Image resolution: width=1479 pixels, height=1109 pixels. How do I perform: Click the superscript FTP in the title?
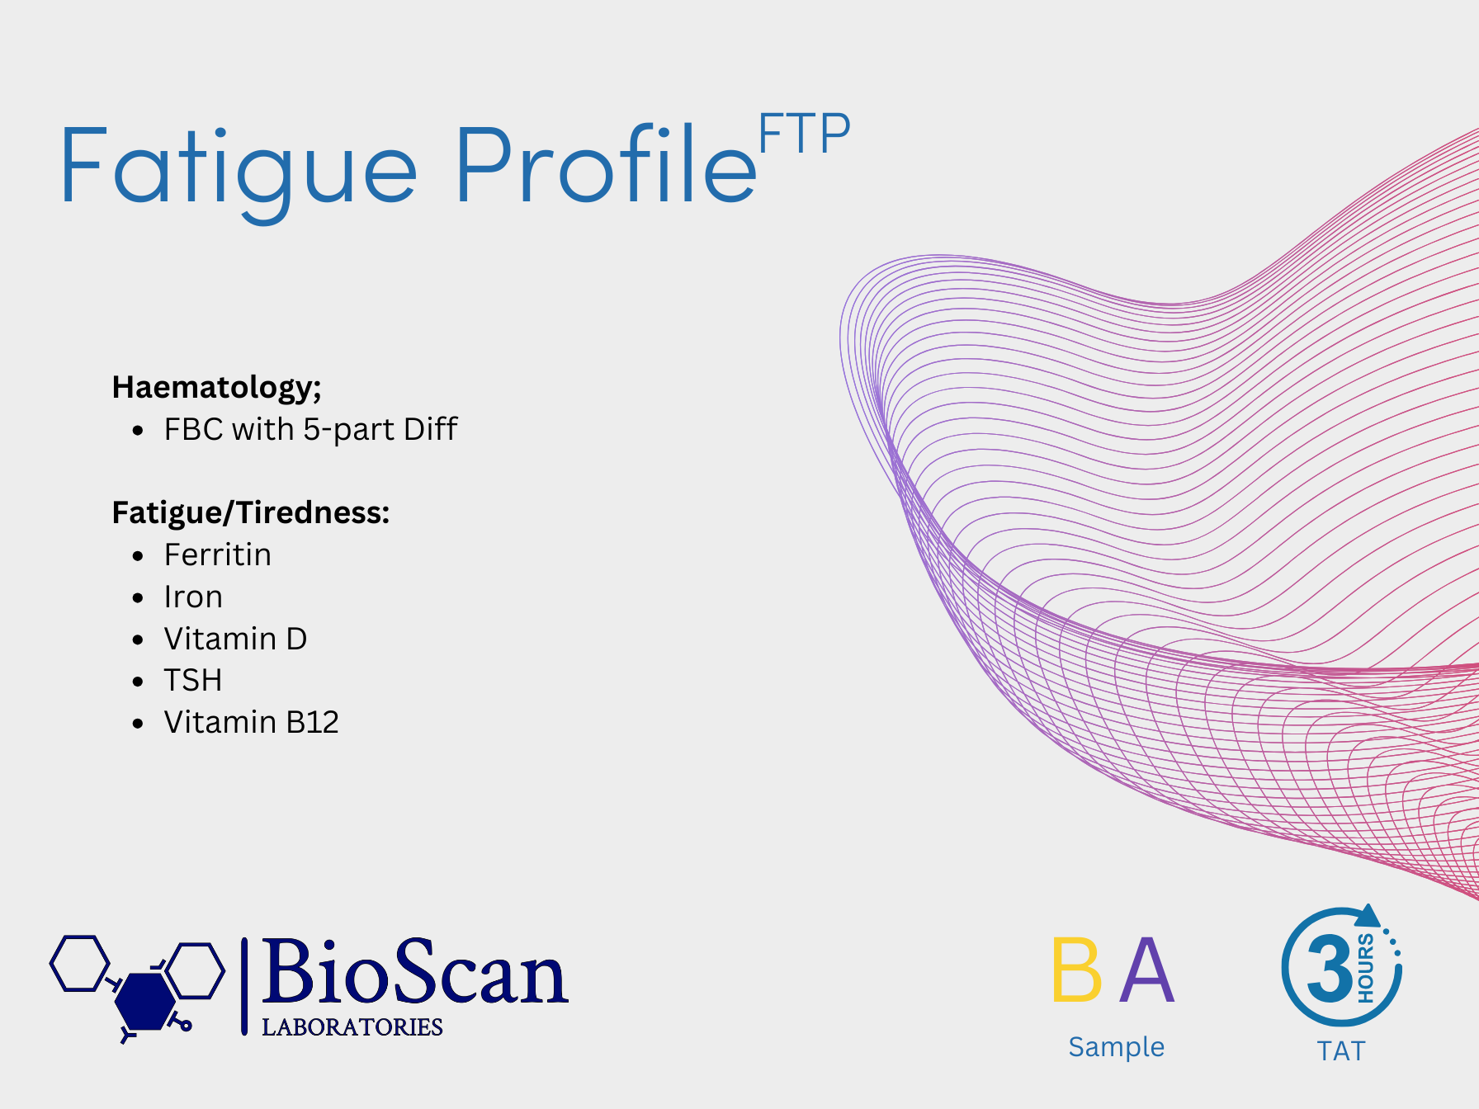[x=804, y=134]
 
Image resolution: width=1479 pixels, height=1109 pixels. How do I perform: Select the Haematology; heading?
[x=216, y=387]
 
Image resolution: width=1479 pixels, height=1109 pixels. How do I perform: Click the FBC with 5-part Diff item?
[x=310, y=430]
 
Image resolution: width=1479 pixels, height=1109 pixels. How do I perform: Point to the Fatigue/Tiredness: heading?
[x=251, y=513]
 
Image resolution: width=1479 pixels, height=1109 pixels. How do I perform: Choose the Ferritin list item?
[x=218, y=554]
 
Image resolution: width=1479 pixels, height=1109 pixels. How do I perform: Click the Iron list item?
[x=193, y=597]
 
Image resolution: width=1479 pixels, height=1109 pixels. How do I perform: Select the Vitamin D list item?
[x=235, y=639]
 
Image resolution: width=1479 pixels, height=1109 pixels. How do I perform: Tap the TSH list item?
[x=193, y=681]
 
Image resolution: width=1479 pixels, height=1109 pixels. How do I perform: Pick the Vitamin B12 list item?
[x=252, y=722]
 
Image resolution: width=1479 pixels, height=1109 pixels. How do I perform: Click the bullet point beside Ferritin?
[x=138, y=556]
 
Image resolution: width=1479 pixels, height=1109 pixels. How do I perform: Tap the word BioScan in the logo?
[x=414, y=972]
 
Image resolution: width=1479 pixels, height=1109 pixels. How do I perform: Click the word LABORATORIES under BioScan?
[x=352, y=1026]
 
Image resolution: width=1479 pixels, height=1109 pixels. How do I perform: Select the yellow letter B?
[x=1077, y=970]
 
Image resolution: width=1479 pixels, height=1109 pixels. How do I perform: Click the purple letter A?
[x=1147, y=970]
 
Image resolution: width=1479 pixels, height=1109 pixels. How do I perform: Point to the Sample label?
[x=1117, y=1047]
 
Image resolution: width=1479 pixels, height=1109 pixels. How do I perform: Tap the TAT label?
[x=1341, y=1051]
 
